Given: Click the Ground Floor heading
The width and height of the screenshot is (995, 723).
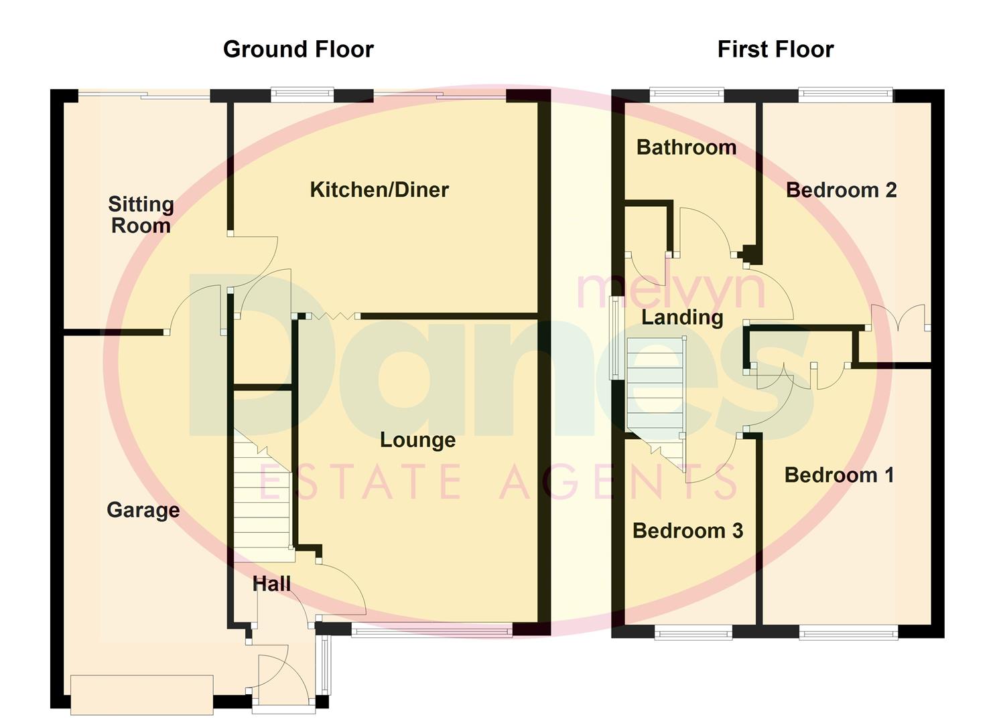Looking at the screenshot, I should coord(298,50).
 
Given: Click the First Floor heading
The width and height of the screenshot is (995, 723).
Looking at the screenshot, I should coord(775,50).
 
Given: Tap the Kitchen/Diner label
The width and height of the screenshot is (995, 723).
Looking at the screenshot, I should coord(379,189).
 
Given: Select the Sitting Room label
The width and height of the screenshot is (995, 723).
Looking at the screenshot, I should coord(141,214).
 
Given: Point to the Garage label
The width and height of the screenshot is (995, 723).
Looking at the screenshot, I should coord(143,510).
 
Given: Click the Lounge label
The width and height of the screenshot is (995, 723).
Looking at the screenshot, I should coord(417,440).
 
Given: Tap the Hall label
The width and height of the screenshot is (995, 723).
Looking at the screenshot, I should coord(271,584).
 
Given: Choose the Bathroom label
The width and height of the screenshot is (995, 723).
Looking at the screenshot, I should coord(686,147).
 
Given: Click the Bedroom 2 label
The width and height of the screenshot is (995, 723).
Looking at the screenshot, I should coord(841,190).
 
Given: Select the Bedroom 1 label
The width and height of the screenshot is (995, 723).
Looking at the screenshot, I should coord(839,475).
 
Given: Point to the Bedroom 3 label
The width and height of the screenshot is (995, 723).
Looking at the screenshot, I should coord(687,531).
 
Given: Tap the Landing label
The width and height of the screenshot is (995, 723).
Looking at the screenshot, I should coord(682,317).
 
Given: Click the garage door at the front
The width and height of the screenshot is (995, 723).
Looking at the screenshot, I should coord(141,695).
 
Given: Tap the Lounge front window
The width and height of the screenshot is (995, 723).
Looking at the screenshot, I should coord(432,630).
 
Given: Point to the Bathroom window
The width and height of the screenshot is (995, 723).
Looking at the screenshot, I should coord(687,95).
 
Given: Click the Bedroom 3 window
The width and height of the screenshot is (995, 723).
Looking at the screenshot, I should coord(693,633).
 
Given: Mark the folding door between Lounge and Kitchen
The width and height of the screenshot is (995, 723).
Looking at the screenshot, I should coord(328,316).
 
